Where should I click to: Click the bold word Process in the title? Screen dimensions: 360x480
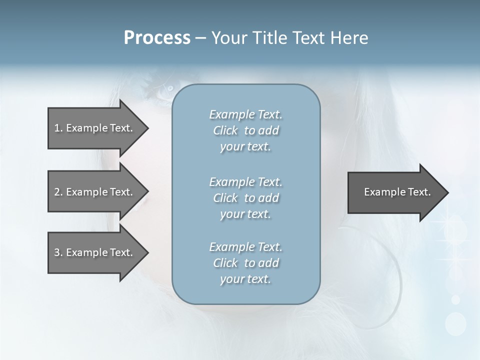pos(157,38)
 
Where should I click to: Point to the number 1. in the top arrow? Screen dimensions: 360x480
pos(58,128)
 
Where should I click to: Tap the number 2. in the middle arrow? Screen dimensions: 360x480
pos(58,192)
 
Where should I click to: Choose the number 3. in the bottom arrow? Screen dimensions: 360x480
pos(58,252)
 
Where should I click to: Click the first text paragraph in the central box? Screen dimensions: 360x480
pos(245,130)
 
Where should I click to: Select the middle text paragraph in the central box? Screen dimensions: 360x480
pos(245,198)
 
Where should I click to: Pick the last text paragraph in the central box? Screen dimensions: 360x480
pos(245,263)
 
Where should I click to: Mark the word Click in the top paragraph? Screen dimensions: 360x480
pos(225,130)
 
